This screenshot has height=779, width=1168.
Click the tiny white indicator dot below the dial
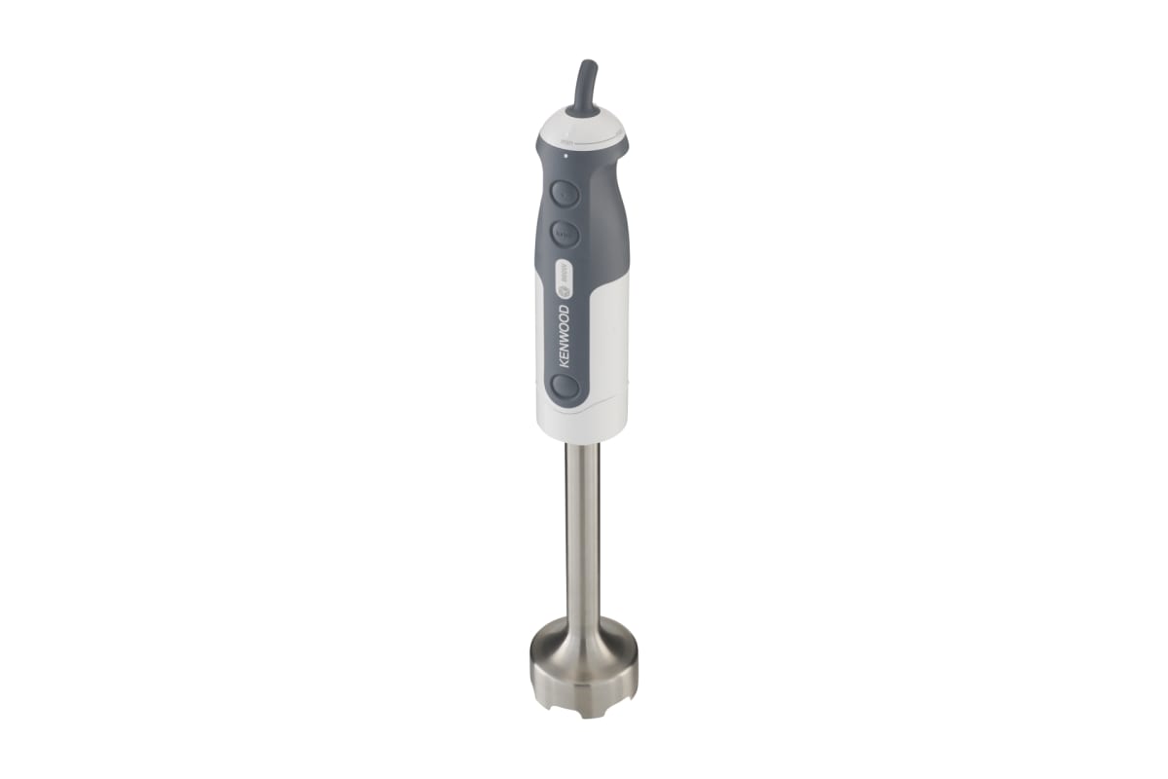(564, 156)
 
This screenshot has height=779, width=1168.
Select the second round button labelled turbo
(566, 234)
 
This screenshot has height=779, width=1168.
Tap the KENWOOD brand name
(565, 337)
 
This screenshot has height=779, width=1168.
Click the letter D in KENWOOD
(565, 308)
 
